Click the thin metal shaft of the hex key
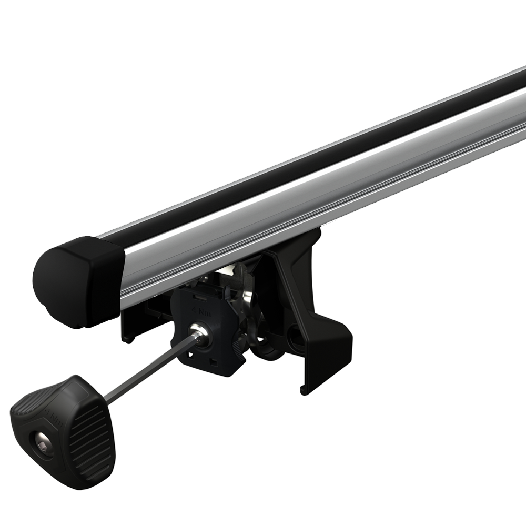point(147,368)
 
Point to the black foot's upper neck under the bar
point(305,252)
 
